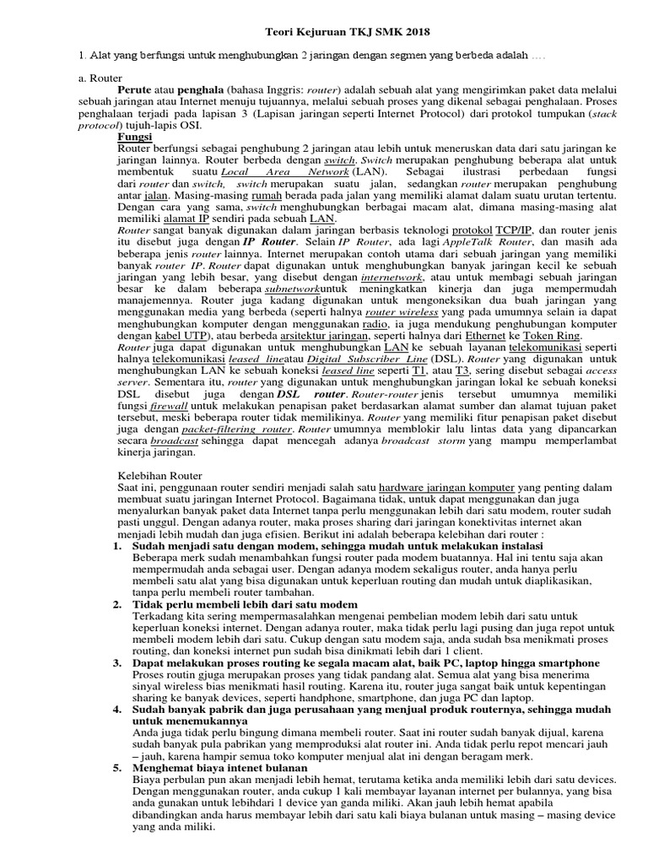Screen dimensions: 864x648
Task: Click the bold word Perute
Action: click(x=137, y=88)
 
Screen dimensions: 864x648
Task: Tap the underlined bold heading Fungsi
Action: click(x=134, y=135)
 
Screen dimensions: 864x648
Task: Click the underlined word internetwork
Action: click(x=392, y=277)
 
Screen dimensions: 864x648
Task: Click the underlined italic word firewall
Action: click(x=170, y=407)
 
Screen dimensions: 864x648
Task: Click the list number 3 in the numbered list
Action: click(x=117, y=663)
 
